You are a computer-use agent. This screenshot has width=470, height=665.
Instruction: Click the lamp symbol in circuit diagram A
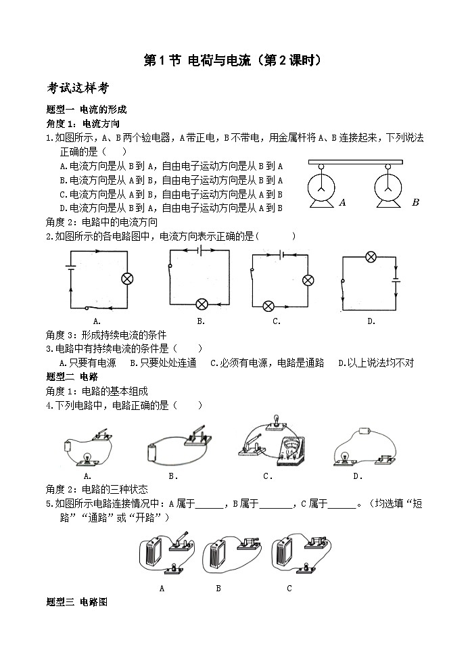click(126, 278)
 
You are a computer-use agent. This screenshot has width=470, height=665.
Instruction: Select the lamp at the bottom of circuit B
click(201, 304)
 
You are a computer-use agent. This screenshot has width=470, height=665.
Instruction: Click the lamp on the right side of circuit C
click(308, 280)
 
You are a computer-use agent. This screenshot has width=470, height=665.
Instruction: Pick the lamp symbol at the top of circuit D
click(371, 256)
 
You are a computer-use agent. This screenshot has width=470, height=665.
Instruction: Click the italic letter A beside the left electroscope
click(343, 202)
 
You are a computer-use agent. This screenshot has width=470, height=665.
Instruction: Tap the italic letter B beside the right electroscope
click(415, 202)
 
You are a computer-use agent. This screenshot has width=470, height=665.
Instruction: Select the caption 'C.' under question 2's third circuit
click(277, 322)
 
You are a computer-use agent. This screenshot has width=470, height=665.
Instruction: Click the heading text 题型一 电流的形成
click(86, 109)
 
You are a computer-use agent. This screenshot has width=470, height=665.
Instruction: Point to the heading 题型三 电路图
click(76, 601)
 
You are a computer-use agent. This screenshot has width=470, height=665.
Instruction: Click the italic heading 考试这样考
click(78, 89)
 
